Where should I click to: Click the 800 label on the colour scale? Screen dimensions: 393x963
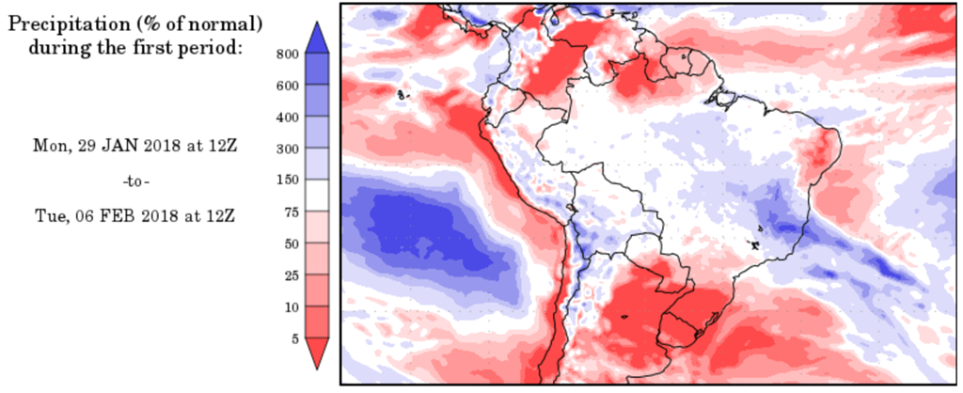(288, 54)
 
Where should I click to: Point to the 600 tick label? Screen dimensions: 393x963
(288, 86)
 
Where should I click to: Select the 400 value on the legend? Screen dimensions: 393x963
(288, 118)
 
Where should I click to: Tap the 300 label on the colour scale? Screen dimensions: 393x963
(288, 149)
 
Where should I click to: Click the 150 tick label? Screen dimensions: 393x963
(288, 181)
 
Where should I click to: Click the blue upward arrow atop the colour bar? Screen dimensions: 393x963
(318, 37)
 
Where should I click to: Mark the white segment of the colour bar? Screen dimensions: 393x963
(318, 196)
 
